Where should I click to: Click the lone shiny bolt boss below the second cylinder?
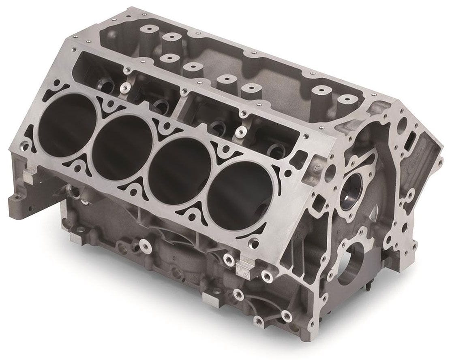click(145, 245)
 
